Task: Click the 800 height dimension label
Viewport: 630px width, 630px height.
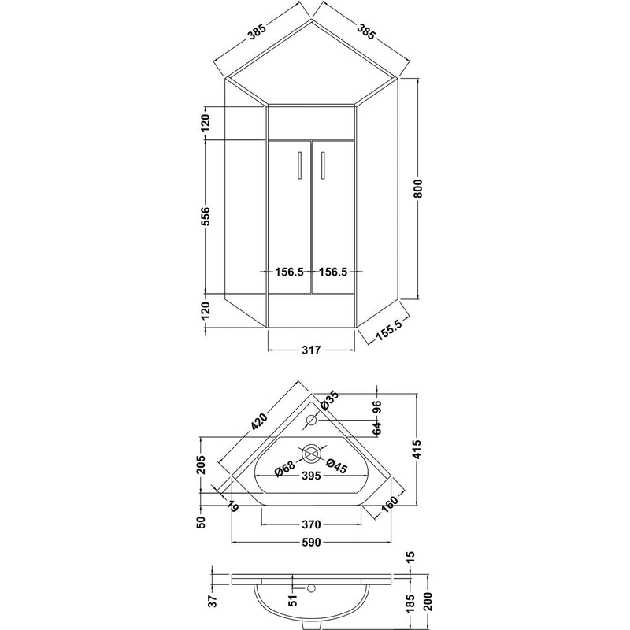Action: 418,187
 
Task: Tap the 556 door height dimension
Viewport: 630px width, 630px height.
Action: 206,216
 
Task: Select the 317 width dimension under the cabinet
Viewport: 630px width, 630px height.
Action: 311,350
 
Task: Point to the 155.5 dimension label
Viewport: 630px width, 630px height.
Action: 388,328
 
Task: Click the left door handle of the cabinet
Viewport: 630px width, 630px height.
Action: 299,165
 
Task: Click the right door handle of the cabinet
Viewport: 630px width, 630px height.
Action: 323,165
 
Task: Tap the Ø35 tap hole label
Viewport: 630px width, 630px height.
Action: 329,400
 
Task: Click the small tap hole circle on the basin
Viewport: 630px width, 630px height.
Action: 311,421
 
